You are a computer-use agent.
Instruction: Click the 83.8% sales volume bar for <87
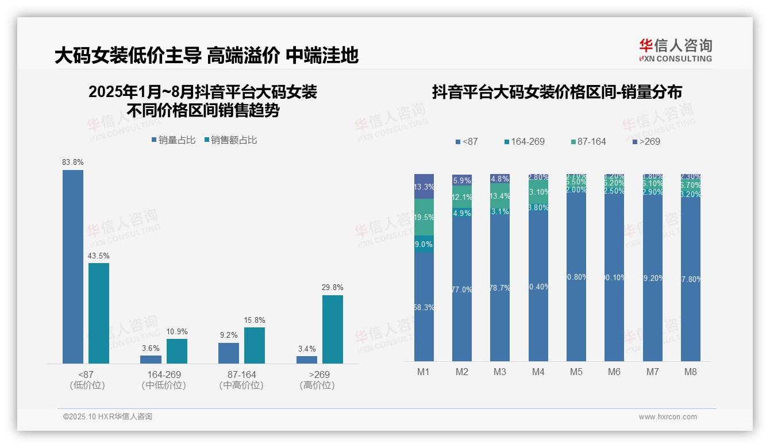pos(73,267)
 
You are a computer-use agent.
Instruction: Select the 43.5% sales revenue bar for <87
pos(99,313)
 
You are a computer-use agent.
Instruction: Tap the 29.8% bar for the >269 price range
pos(333,329)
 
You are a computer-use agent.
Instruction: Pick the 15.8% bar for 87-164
pos(255,345)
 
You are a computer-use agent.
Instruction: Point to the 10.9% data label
pos(177,331)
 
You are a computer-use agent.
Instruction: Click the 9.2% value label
pos(229,335)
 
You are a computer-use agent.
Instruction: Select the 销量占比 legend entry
pos(174,140)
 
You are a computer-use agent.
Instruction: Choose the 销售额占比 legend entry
pos(230,140)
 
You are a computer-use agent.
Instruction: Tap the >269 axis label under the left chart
pos(317,374)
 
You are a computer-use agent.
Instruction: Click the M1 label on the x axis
pos(423,372)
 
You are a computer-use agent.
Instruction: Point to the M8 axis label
pos(690,372)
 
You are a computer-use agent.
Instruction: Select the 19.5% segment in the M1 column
pos(424,217)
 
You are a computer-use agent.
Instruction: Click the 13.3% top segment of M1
pos(424,186)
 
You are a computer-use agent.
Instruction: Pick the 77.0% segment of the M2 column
pos(462,289)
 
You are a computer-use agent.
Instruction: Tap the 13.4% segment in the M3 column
pos(500,196)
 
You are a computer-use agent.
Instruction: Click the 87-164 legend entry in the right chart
pos(589,141)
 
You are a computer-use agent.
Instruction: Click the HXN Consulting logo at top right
pos(675,50)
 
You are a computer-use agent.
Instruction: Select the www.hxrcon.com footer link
pos(668,417)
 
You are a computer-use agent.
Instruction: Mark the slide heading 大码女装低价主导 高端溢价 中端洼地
pos(206,56)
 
